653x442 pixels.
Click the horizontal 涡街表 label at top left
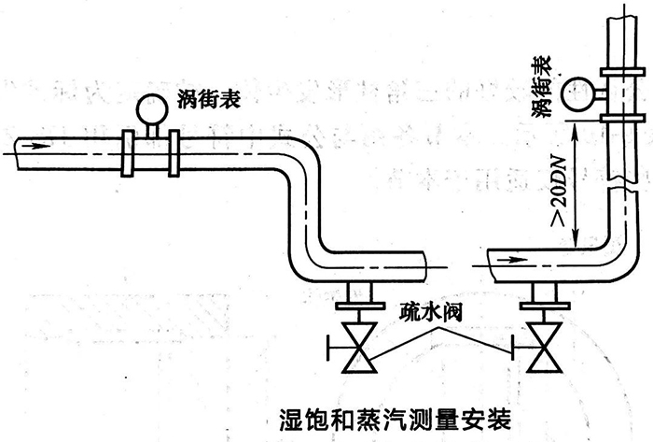point(203,99)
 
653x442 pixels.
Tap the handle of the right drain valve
point(510,350)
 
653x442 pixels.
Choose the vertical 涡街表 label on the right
point(539,86)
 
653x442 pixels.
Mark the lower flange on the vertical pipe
point(621,116)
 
